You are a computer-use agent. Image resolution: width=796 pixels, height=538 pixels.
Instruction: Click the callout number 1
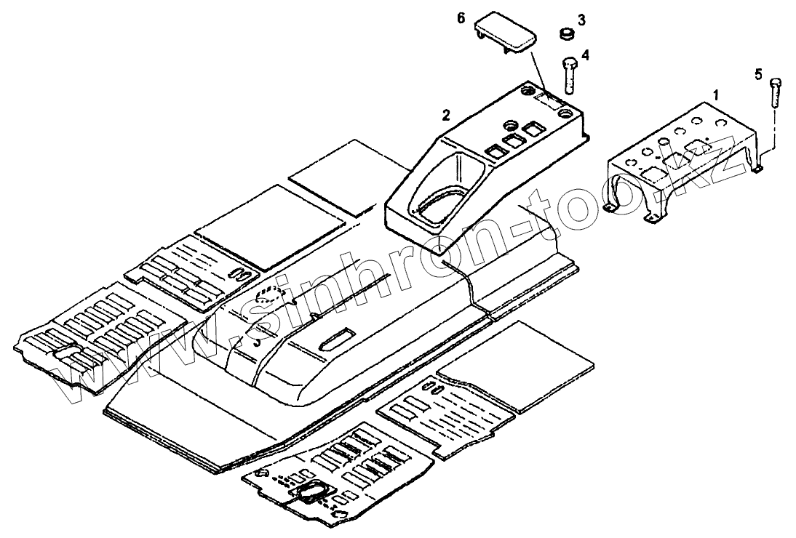coord(716,95)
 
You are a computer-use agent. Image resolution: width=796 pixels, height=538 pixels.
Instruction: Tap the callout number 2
coord(446,114)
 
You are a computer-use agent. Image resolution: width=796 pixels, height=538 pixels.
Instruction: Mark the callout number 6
coord(461,18)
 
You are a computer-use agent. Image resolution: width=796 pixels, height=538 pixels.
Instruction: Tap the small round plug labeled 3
coord(565,33)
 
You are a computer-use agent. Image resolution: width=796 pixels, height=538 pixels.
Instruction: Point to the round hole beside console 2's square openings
coord(509,124)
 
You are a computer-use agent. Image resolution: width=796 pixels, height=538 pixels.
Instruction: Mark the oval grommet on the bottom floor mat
coord(311,494)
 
